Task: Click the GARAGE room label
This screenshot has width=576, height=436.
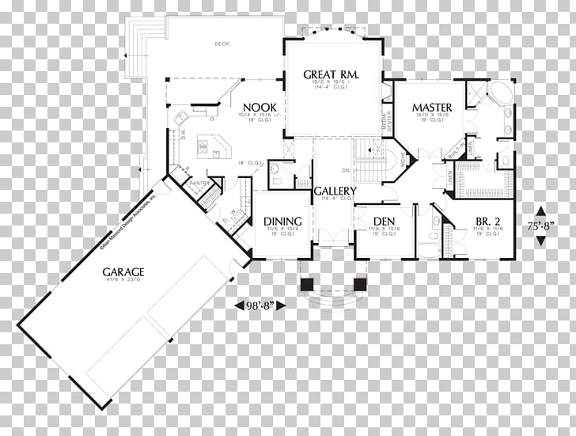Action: (123, 272)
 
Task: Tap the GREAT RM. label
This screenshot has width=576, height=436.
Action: (332, 74)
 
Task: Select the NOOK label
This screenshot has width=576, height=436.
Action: (258, 108)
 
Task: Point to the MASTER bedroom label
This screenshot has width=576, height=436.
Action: (431, 108)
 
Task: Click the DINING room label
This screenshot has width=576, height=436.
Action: (282, 221)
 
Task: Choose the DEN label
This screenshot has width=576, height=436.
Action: (384, 221)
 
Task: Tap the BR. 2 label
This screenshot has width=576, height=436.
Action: (488, 221)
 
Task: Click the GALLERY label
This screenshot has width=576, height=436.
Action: (335, 191)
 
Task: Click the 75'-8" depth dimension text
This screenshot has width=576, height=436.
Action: (540, 226)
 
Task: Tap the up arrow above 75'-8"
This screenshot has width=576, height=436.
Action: (540, 211)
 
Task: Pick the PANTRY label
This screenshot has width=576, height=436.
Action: (198, 184)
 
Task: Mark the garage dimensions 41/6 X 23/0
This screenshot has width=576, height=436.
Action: (123, 282)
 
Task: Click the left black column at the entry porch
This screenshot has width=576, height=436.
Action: (306, 284)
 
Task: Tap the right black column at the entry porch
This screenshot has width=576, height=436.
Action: (360, 284)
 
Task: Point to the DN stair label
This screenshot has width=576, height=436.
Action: (345, 170)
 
